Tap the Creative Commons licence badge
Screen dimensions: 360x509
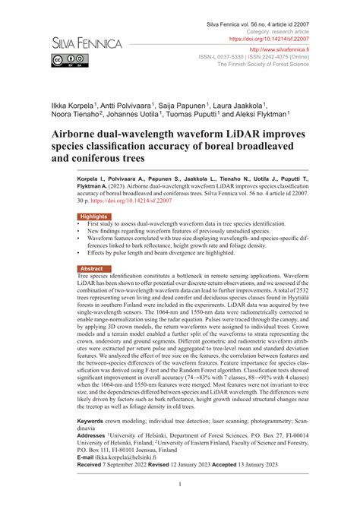[x=63, y=60]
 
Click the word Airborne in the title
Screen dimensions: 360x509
[x=80, y=135]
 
